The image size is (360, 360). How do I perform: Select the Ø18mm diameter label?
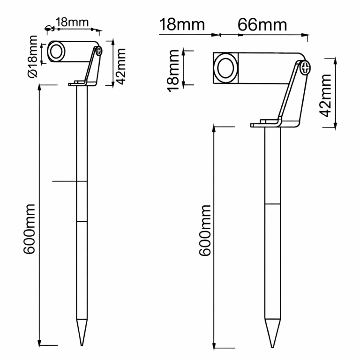(33, 56)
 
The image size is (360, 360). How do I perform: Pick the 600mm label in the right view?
(205, 230)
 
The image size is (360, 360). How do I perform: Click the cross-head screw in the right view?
(306, 68)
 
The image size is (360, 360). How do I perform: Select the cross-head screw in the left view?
(98, 52)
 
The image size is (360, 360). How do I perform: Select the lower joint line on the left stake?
(82, 221)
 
